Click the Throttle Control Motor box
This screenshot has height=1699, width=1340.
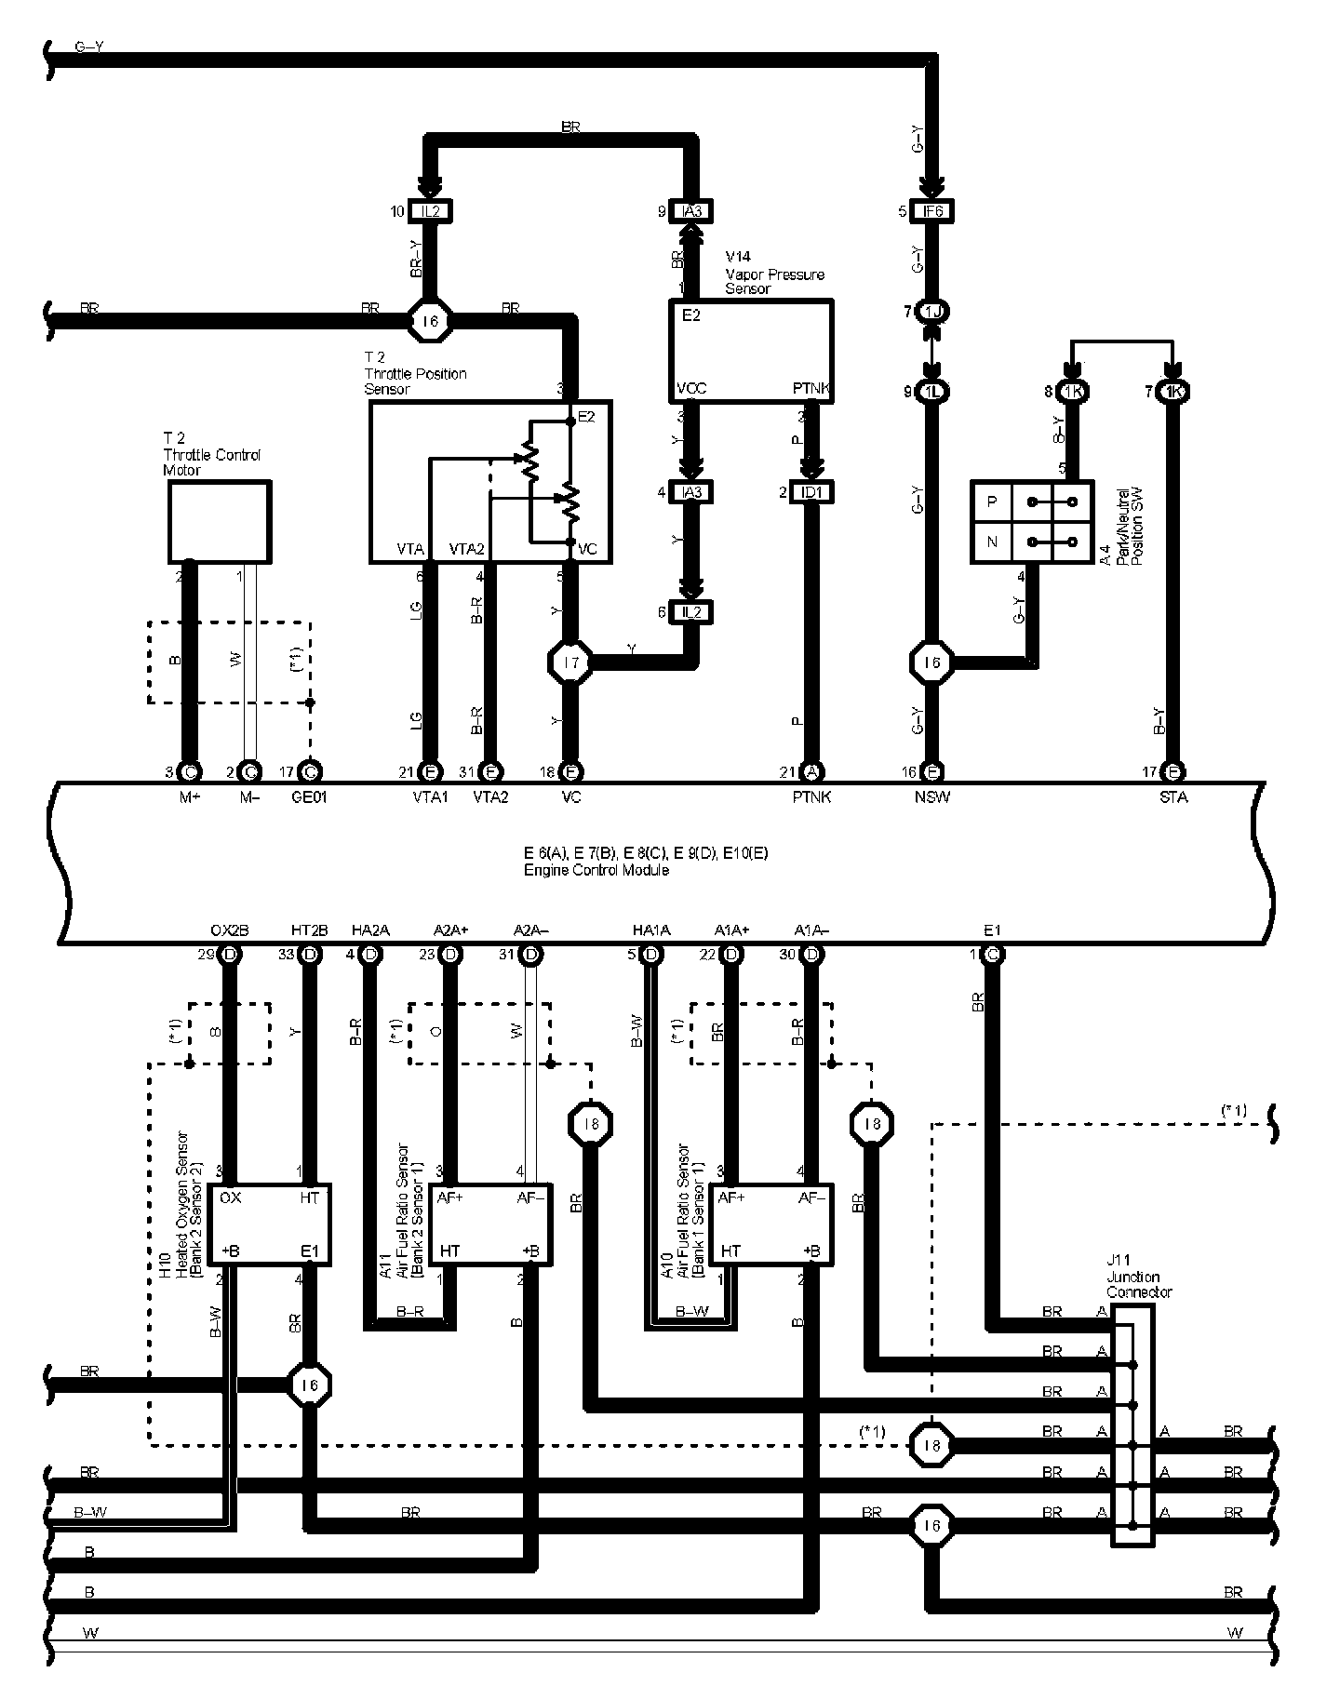point(219,521)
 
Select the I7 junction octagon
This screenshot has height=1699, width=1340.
point(569,662)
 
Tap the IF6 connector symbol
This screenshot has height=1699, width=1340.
point(932,211)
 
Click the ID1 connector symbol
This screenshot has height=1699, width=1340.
point(811,492)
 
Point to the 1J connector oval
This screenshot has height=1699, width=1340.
point(932,312)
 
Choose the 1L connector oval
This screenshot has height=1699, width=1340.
point(932,392)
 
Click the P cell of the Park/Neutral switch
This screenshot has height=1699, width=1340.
point(992,502)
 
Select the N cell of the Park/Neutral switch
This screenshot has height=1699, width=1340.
point(992,542)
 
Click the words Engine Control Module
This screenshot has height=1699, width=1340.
point(596,871)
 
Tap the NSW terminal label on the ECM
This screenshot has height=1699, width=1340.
point(931,797)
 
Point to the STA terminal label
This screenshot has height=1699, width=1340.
point(1173,797)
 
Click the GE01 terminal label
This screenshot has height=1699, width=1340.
point(309,797)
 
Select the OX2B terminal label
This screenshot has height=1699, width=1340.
point(229,930)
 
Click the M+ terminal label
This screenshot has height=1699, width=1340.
point(190,797)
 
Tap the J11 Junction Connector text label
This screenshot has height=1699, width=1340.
point(1139,1278)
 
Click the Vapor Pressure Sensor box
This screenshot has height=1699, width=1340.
point(751,351)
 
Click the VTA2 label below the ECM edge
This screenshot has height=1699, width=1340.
point(491,797)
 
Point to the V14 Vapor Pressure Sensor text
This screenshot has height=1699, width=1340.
point(774,273)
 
